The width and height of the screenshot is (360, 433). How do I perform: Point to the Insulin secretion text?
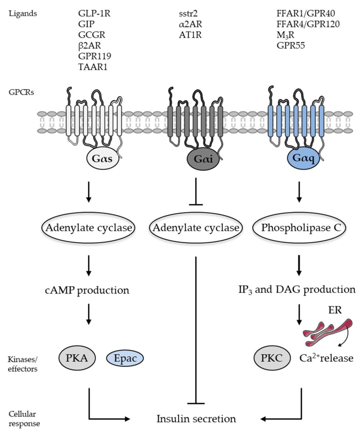[x=196, y=418]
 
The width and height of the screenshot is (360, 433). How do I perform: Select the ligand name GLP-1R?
[x=94, y=13]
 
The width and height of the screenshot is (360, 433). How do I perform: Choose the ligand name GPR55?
[x=286, y=46]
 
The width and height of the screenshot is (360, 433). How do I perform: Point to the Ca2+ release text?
[x=325, y=359]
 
